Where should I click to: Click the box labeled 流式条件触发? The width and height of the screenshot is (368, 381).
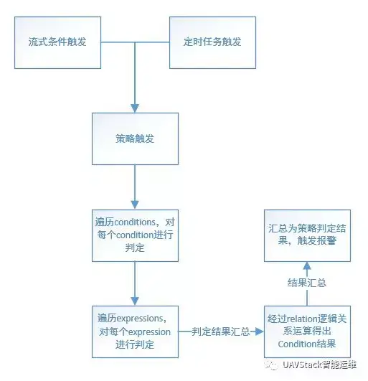(57, 42)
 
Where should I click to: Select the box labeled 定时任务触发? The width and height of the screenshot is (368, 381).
(212, 42)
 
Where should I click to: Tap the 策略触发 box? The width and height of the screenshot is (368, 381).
(135, 138)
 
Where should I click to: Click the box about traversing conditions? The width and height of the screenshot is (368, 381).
(135, 235)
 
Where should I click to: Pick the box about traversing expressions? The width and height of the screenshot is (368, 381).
(135, 331)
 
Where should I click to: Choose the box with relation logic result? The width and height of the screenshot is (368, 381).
(307, 331)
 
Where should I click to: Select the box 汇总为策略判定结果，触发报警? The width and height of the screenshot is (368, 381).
(307, 235)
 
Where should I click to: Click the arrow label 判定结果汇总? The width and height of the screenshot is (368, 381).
(220, 331)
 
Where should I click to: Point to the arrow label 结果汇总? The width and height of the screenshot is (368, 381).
(307, 283)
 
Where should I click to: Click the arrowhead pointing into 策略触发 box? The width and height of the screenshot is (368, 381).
(135, 108)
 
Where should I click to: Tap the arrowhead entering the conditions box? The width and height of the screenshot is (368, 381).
(135, 204)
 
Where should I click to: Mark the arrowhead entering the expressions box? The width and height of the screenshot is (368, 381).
(135, 301)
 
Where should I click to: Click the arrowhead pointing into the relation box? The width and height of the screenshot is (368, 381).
(260, 331)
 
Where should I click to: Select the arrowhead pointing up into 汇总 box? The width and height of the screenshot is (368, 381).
(307, 265)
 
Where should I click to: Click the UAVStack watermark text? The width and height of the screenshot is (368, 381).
(319, 364)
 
